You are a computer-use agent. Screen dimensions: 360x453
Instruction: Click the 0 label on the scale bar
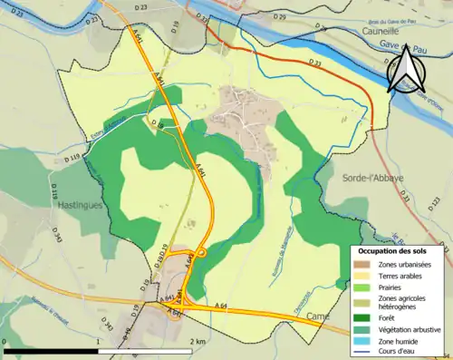[x=5, y=342]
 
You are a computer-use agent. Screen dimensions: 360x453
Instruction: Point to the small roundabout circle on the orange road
[x=202, y=251]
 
